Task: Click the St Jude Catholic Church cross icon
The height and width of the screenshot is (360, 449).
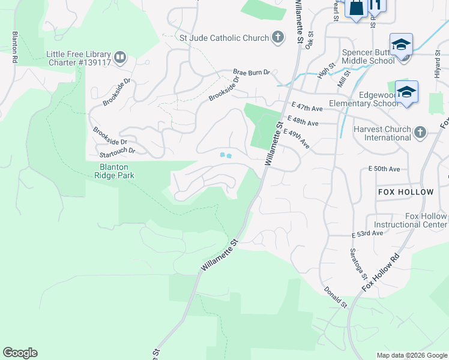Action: click(x=277, y=38)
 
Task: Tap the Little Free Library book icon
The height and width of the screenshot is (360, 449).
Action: click(x=120, y=58)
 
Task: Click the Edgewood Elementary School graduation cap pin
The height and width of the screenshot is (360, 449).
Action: click(x=406, y=92)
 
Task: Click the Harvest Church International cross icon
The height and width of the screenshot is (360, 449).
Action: click(x=420, y=132)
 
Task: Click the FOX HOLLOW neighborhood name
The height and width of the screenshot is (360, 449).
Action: click(x=406, y=192)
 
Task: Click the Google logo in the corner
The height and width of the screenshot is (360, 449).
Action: click(x=20, y=353)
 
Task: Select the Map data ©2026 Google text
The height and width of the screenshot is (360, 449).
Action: click(x=412, y=355)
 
